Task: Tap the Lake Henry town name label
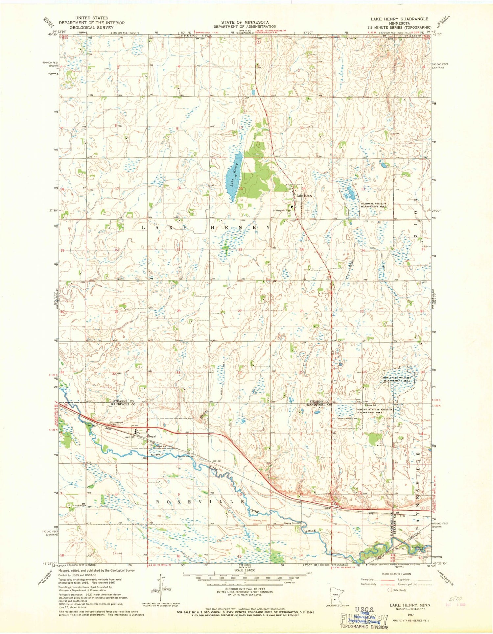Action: pos(304,196)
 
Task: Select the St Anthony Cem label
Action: pos(117,423)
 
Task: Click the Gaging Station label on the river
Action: pos(292,523)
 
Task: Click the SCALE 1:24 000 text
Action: pos(245,571)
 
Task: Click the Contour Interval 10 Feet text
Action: pos(245,589)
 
